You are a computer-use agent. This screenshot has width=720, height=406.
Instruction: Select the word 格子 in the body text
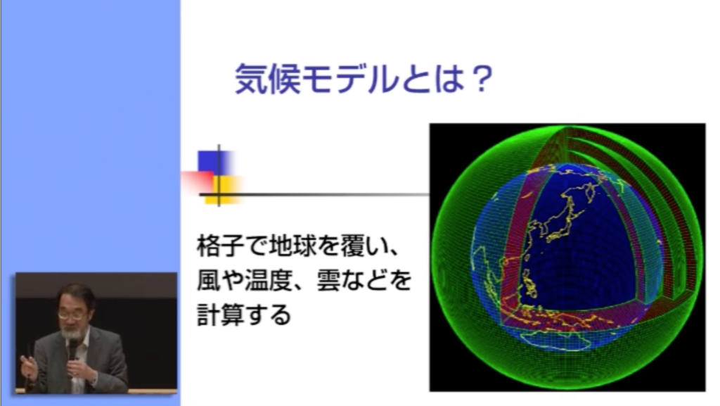coord(220,246)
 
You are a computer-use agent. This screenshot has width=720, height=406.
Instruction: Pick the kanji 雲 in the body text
coord(328,280)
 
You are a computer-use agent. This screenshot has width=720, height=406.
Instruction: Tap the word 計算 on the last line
coord(220,315)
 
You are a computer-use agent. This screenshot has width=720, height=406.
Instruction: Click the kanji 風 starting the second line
coord(208,280)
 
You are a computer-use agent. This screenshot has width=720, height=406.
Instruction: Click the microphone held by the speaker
coord(72,350)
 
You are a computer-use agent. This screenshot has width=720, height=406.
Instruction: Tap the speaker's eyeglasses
coord(72,315)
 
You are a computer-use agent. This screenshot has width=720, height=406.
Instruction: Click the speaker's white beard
coord(72,332)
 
